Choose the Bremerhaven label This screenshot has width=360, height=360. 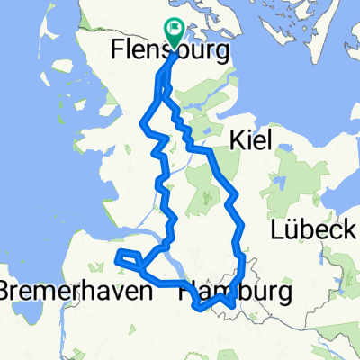63,292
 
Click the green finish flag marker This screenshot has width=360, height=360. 175,31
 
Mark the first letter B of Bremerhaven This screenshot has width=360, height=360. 7,292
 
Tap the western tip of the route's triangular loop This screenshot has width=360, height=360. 119,261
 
